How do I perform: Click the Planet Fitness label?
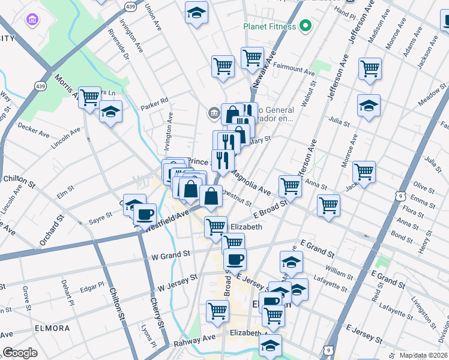point(270,26)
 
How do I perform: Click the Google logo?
point(20,353)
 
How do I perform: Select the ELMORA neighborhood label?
point(52,329)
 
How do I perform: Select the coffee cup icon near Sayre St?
point(144,214)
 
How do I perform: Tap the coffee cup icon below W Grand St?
point(235,260)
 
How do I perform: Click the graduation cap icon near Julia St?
point(369,107)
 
